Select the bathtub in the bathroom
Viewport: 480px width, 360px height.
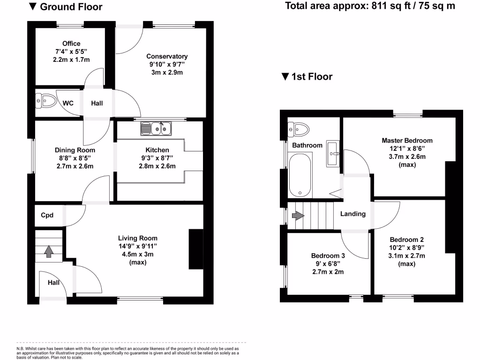tap(300, 176)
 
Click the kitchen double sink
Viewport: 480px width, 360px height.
tap(157, 128)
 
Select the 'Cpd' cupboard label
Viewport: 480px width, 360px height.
tap(47, 216)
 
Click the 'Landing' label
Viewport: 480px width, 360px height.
tap(352, 214)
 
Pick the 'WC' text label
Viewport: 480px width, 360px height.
tap(68, 103)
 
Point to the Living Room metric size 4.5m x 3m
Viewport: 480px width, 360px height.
tap(137, 255)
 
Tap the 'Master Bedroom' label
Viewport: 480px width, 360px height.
tap(407, 140)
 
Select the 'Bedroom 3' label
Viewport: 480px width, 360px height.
tap(328, 256)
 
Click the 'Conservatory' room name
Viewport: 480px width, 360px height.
tap(167, 56)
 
